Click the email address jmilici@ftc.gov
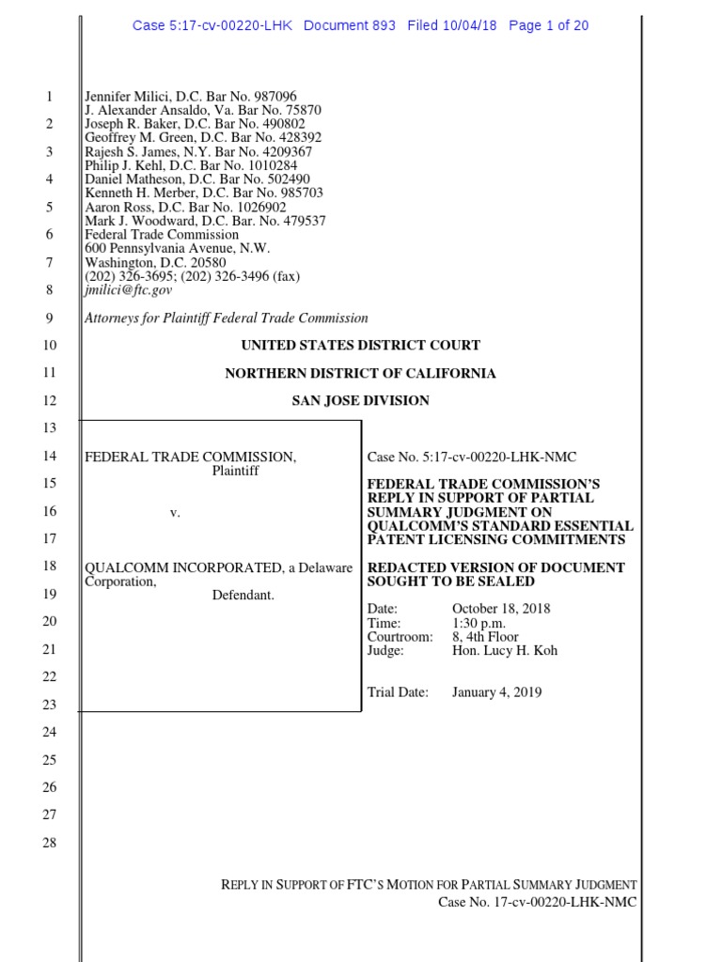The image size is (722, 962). [x=129, y=290]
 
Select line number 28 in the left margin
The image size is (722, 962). [x=50, y=843]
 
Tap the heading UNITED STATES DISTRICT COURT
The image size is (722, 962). [x=360, y=346]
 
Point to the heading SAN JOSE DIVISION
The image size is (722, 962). [x=360, y=400]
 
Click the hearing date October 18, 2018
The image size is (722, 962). [x=501, y=609]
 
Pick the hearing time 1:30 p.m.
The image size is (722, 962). [x=480, y=623]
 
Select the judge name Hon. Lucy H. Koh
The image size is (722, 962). [x=505, y=650]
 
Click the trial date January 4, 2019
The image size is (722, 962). [x=496, y=692]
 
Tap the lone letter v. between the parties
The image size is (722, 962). [x=175, y=512]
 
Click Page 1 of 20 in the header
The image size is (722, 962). [x=548, y=25]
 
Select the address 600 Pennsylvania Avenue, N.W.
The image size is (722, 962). [x=177, y=248]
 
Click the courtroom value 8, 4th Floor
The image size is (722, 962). [x=485, y=637]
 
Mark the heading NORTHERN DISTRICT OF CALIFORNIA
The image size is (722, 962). [x=360, y=373]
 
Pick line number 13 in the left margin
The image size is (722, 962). [x=50, y=428]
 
